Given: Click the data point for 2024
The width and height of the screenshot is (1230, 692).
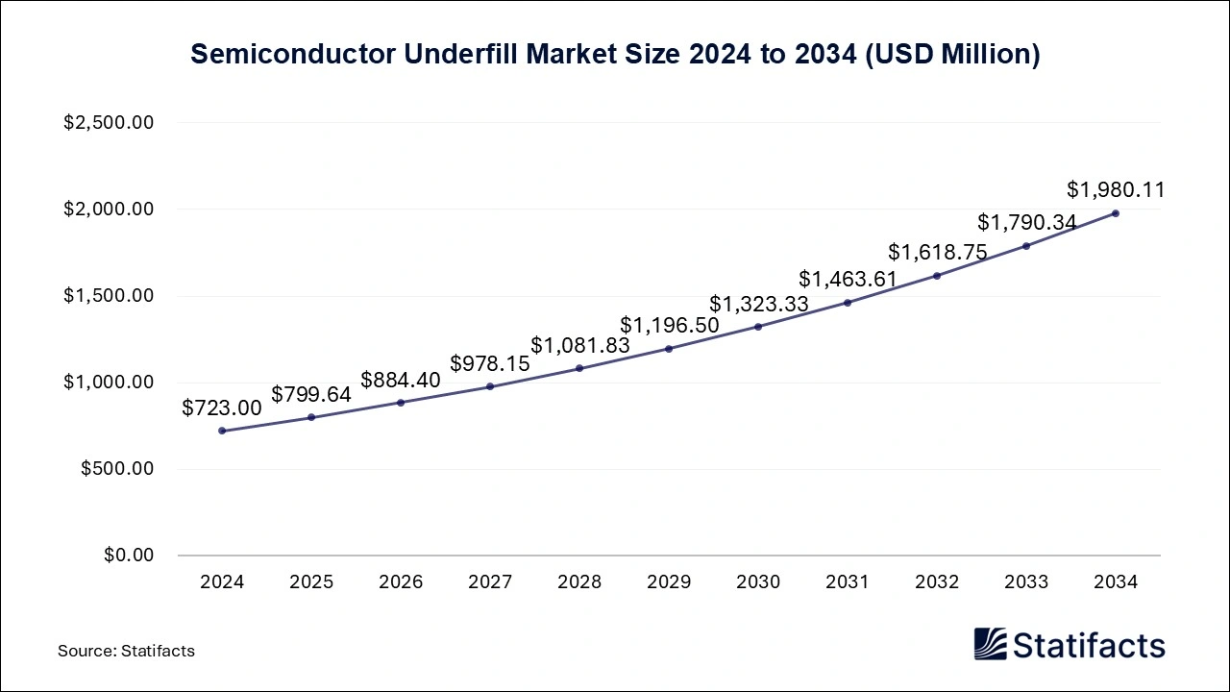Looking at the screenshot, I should tap(222, 431).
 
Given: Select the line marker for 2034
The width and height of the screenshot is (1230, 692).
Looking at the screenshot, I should tap(1116, 213).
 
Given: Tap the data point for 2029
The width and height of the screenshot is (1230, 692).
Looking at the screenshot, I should tap(669, 349).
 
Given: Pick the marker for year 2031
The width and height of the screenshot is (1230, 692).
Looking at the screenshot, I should tap(848, 303).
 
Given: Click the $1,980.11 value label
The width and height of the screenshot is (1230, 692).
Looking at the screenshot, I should tap(1116, 190).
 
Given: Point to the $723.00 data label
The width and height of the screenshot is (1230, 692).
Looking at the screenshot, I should tap(222, 408).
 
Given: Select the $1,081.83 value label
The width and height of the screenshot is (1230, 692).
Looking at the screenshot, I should tap(579, 345).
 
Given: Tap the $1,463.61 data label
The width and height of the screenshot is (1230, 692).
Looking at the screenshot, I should tap(848, 280).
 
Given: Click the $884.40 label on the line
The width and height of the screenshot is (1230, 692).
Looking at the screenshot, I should tap(401, 380).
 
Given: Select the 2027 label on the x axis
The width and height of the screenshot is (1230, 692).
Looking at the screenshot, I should tap(490, 582).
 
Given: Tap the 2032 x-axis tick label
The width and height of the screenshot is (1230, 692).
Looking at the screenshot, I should tap(937, 582).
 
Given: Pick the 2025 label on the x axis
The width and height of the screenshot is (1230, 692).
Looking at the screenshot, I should tap(311, 582).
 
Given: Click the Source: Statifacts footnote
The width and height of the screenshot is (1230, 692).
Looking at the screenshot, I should tap(126, 651).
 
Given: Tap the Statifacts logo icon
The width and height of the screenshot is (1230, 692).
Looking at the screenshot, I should tap(990, 645).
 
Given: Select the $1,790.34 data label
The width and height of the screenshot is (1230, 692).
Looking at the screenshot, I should tap(1026, 223).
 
